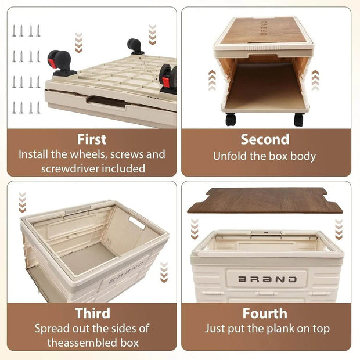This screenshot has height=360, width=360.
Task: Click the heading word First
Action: [92, 139]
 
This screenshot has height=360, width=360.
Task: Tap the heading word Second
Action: [265, 139]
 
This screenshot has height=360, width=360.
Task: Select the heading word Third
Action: [92, 314]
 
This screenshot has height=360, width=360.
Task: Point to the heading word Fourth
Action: [265, 314]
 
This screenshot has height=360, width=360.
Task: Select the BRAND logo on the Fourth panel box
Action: [268, 279]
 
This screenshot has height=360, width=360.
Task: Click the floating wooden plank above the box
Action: [265, 200]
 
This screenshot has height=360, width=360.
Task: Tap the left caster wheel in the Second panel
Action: [231, 120]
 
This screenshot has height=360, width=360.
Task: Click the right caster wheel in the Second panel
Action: [298, 120]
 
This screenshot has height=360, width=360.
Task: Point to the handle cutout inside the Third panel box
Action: [137, 222]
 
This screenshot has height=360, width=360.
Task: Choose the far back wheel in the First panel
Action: [135, 46]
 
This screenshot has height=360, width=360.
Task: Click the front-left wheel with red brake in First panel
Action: [60, 63]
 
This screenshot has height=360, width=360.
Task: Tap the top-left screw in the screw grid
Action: [14, 31]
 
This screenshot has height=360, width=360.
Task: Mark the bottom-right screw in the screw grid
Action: [38, 107]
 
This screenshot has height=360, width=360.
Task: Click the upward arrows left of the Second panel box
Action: [212, 80]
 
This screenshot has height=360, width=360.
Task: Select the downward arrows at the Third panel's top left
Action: [22, 202]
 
